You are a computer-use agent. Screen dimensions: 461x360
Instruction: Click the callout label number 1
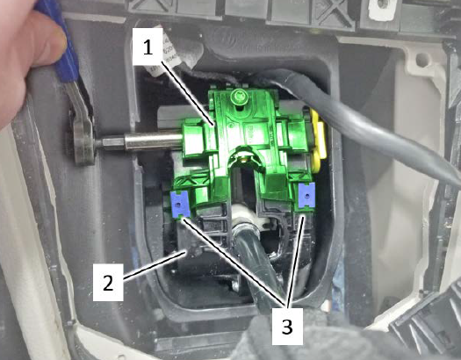point(148,47)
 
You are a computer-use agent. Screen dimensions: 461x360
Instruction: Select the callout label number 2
point(108,282)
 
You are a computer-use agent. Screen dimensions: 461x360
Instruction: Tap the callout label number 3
point(287,327)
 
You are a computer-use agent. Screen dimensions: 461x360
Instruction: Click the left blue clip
point(180,204)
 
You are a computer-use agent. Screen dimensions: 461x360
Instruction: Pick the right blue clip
point(306,195)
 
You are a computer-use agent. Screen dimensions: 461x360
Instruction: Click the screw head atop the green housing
point(237,96)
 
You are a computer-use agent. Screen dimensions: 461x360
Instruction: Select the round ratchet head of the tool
point(83,141)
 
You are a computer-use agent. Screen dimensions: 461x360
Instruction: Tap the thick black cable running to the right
point(368,124)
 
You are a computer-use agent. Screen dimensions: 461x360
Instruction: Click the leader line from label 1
point(188,93)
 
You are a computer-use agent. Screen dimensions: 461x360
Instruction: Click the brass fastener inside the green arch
point(244,159)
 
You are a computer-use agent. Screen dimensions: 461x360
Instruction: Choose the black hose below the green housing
point(253,264)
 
